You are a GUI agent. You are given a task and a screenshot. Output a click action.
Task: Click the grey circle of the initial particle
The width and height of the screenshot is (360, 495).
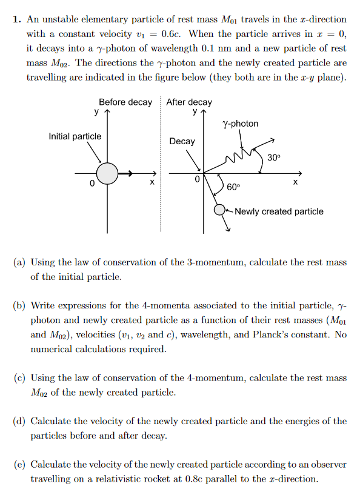107,173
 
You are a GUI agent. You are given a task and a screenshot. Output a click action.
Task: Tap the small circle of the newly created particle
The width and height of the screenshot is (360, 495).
220,210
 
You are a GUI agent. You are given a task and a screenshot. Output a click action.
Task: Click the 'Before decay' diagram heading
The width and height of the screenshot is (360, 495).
125,102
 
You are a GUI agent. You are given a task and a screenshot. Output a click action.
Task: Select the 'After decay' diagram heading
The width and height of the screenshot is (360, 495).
189,102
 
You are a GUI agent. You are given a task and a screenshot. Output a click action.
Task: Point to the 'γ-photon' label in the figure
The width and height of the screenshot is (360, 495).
241,124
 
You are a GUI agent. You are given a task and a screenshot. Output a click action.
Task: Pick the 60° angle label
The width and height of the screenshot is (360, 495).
233,187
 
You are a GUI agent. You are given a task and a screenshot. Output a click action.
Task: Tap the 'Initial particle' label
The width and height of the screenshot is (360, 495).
75,136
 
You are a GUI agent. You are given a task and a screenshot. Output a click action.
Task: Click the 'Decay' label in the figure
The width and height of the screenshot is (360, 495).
182,141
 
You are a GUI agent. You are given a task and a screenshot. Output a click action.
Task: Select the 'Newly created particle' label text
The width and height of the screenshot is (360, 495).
279,211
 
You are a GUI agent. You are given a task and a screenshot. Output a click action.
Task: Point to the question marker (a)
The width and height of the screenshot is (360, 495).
19,262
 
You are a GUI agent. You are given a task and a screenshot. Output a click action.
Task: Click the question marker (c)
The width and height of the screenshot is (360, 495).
19,378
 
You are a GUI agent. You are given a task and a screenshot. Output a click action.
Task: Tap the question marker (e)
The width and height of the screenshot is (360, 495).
19,465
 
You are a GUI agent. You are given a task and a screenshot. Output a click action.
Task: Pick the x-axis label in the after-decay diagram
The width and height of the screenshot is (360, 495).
295,182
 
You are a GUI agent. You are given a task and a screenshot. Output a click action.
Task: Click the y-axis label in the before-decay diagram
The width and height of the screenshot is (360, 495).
96,111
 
